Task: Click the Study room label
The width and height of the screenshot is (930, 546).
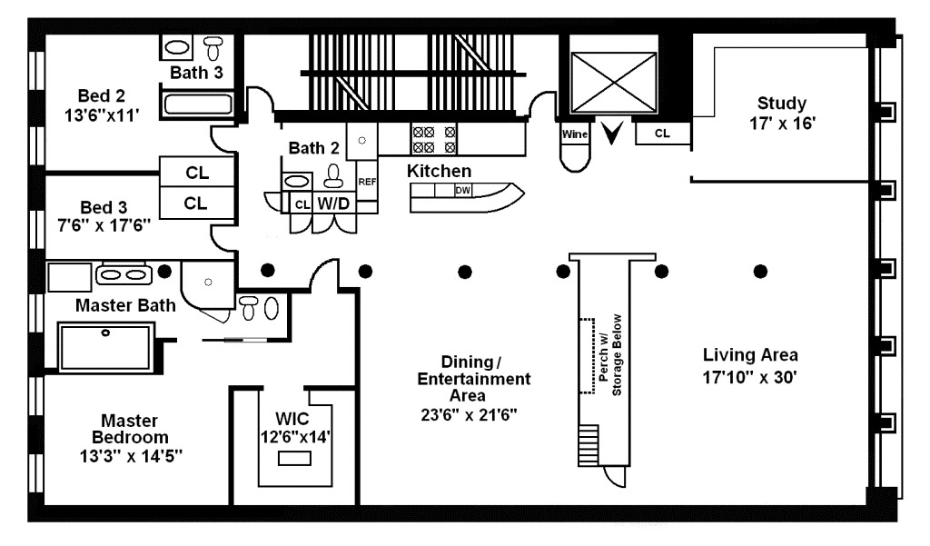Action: click(x=782, y=104)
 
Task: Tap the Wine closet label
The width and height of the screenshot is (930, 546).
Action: click(x=575, y=134)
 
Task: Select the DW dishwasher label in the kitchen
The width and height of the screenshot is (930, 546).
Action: click(x=462, y=191)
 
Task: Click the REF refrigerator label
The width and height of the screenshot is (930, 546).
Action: click(x=367, y=182)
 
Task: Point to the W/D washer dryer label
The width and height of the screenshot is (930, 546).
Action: click(x=333, y=204)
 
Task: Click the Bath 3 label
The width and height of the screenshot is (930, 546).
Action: click(x=196, y=73)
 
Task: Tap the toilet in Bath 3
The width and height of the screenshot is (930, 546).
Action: click(x=213, y=47)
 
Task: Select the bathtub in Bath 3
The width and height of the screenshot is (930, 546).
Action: click(x=198, y=104)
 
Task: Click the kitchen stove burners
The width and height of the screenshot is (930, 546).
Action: click(x=434, y=140)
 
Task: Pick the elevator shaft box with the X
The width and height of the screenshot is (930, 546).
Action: click(x=613, y=83)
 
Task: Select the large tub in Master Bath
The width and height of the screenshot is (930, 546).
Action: click(x=105, y=347)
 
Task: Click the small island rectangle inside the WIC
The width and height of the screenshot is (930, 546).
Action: click(x=294, y=458)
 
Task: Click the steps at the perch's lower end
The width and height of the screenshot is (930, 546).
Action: click(x=589, y=445)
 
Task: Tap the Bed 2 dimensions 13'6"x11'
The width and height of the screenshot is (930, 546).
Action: click(x=102, y=115)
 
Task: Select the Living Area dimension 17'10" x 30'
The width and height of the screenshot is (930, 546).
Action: click(x=749, y=377)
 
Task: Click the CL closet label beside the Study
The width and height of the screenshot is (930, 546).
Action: click(x=662, y=134)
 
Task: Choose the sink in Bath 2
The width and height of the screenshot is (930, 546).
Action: click(x=296, y=181)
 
